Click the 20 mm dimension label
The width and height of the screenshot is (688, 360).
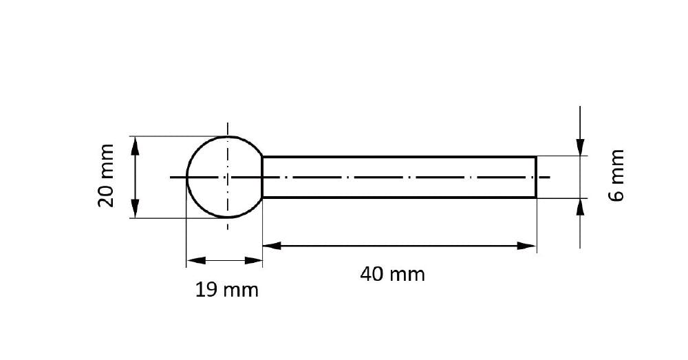106,176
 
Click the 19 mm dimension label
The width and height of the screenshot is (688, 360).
227,290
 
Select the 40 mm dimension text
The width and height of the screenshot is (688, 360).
393,275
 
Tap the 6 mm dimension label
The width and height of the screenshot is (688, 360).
616,175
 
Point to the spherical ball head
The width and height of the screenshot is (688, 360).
188,177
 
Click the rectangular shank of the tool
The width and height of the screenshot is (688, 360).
399,157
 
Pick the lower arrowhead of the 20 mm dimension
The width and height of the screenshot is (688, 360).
135,209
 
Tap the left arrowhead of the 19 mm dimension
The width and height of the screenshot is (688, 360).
196,260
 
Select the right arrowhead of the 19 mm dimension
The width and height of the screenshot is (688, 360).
253,260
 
